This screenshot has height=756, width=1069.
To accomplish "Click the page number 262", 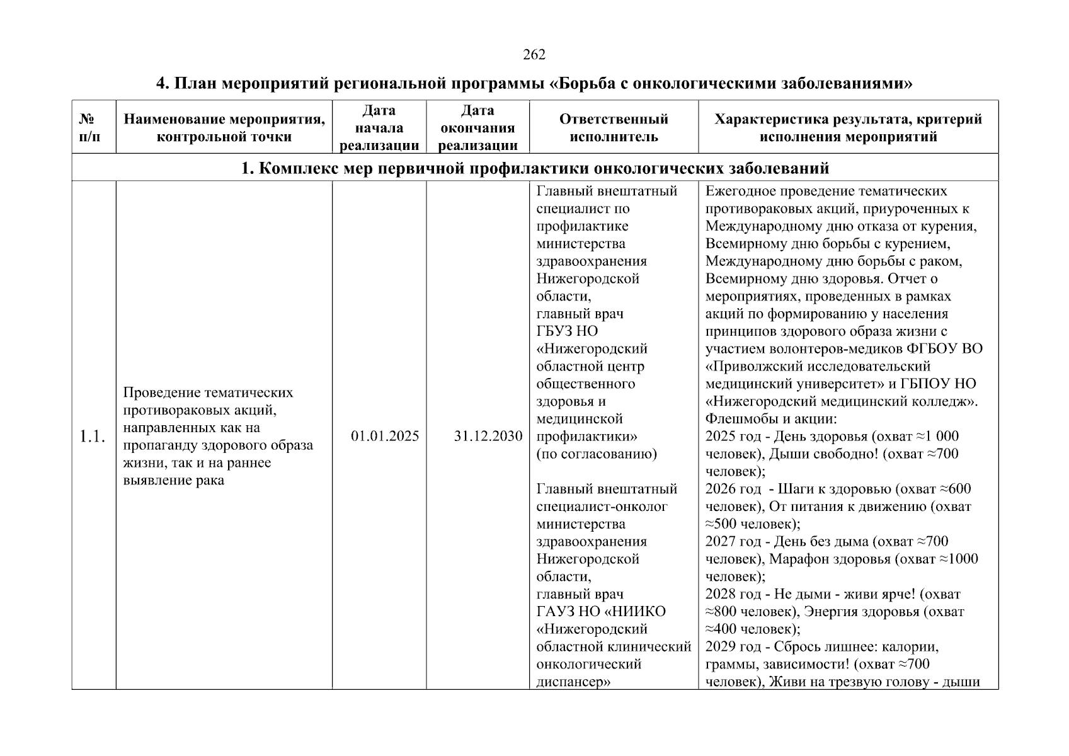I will [534, 55].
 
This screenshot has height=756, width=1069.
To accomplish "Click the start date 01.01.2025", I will [385, 436].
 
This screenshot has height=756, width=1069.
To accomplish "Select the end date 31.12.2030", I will [488, 436].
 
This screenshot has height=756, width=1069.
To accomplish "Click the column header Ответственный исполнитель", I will [614, 128].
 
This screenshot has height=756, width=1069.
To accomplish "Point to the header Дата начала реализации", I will [379, 128].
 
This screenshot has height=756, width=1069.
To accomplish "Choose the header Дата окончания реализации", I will [477, 128].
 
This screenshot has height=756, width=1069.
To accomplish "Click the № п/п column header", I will [90, 128].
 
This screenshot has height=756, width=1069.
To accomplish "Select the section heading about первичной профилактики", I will [535, 168].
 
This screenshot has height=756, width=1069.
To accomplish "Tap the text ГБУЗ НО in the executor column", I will [567, 331].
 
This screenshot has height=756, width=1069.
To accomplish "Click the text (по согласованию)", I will [596, 454].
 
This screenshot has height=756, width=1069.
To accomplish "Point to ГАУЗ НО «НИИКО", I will [600, 611].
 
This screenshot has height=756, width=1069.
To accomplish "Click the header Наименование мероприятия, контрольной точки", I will [224, 128].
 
